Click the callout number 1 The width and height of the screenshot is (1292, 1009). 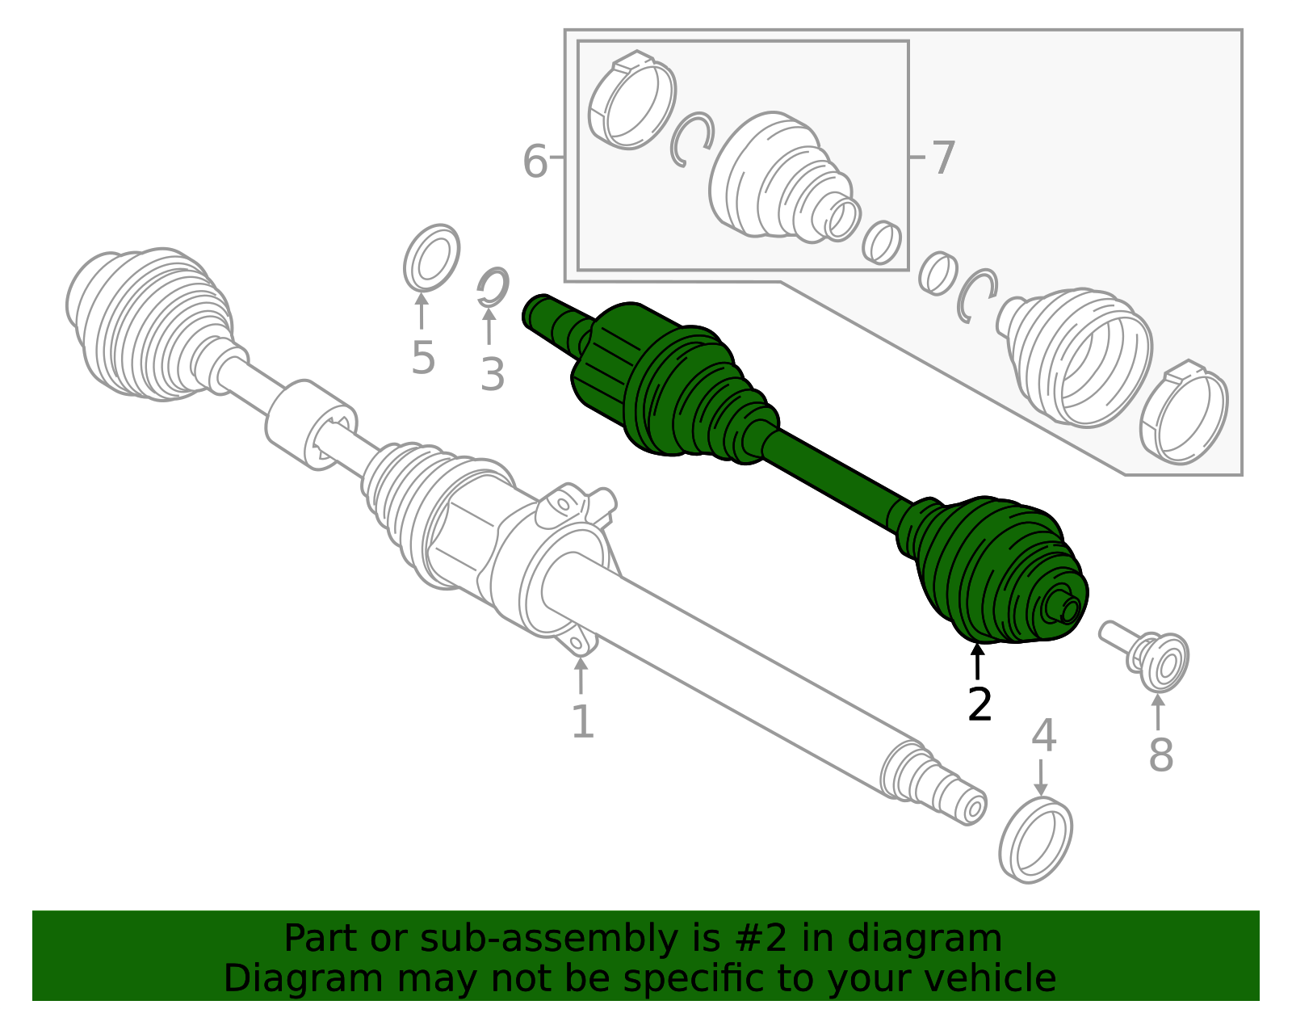click(x=582, y=721)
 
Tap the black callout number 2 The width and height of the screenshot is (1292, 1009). click(x=979, y=704)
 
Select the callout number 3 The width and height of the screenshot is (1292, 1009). click(x=492, y=375)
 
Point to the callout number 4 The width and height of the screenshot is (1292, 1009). click(x=1043, y=735)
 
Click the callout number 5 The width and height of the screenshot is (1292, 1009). click(x=422, y=357)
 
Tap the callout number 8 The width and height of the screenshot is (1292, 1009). click(x=1160, y=755)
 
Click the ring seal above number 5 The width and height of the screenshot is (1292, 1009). click(x=432, y=258)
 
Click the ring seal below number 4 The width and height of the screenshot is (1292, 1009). click(x=1035, y=840)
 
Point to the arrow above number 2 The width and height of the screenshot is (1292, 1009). click(x=978, y=661)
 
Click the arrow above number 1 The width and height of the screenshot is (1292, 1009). click(x=581, y=675)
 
